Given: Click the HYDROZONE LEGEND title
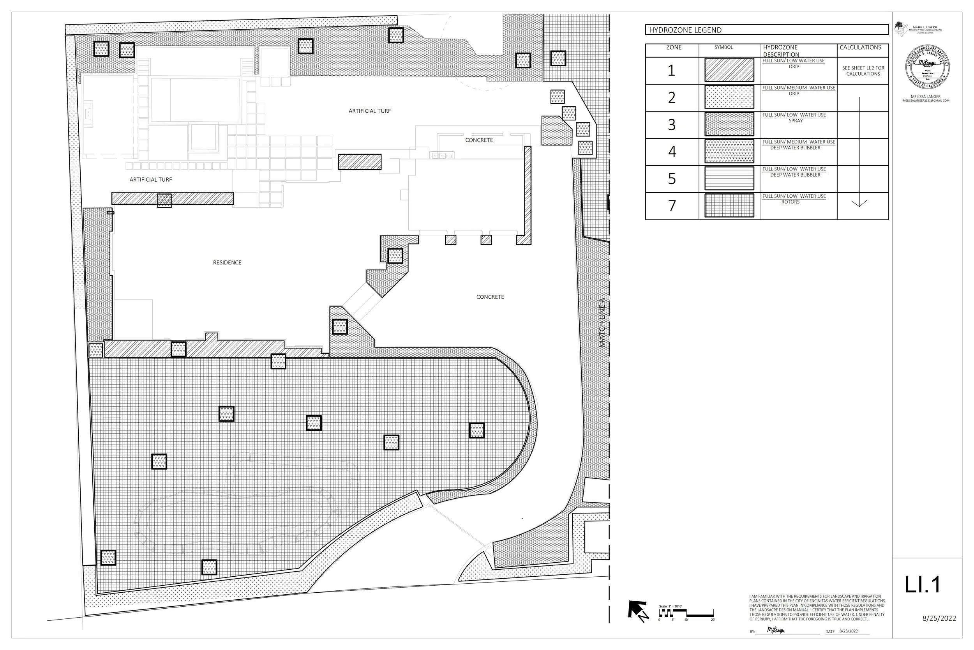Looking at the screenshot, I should coord(685,30).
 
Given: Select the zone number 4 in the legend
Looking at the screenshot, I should coord(672,152).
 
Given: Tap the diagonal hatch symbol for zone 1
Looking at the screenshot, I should coord(729,70).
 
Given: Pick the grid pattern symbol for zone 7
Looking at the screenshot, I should coord(729,205).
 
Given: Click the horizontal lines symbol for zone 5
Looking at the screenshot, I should coord(729,179).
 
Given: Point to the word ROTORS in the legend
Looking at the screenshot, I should coord(790,202).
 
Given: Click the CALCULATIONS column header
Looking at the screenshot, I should coord(860,47).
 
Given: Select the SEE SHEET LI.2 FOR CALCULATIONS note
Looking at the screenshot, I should coord(863,71).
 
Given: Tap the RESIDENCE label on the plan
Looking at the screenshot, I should coord(227,262).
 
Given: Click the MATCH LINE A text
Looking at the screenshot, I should coord(602,322).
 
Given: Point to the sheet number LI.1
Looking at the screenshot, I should coord(923,585).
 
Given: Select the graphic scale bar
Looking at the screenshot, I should coord(686,613).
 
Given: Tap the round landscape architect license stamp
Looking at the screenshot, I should coord(927,67).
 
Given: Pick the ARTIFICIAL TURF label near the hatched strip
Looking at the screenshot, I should coord(150,179).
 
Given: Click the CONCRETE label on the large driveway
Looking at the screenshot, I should coord(490,297).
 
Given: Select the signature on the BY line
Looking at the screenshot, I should coord(776,630).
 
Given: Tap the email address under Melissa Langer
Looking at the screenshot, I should coord(926,101).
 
